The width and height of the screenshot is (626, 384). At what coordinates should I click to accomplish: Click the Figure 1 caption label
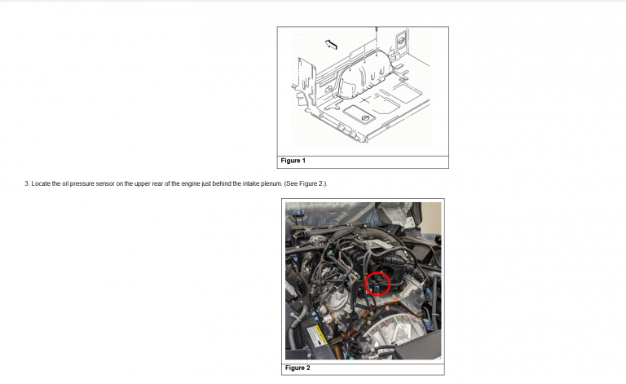[293, 161]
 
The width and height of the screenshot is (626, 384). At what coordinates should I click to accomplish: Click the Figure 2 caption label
[298, 368]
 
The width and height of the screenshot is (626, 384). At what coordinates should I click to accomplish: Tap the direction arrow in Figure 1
[331, 44]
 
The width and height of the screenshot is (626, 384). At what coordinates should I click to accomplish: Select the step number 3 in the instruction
[27, 183]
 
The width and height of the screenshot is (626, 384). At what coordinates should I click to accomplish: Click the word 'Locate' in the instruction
[41, 183]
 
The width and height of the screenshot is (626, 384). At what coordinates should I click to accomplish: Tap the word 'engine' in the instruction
[191, 183]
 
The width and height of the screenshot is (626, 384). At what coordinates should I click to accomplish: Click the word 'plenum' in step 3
[271, 183]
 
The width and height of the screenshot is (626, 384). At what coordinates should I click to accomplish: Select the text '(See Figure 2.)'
[306, 183]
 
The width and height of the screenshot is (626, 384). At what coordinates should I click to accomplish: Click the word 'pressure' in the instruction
[82, 183]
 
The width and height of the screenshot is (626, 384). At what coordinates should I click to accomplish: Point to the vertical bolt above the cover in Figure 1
[376, 39]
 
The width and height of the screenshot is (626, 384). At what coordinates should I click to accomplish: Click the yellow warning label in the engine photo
[320, 335]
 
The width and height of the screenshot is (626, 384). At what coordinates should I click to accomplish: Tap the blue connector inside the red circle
[377, 288]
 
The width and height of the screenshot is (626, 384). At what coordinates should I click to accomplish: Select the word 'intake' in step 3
[252, 183]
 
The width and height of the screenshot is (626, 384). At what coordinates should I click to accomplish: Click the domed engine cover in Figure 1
[365, 75]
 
